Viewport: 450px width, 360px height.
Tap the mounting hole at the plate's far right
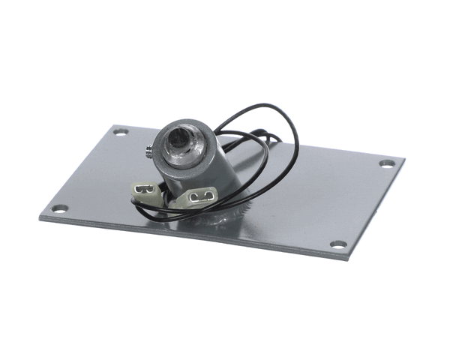(x=386, y=163)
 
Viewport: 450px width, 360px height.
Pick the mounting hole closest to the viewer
(x=338, y=244)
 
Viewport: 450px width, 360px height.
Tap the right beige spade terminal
(x=199, y=197)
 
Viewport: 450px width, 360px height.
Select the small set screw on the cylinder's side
(x=151, y=149)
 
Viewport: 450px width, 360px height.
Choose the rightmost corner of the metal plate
(x=404, y=160)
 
